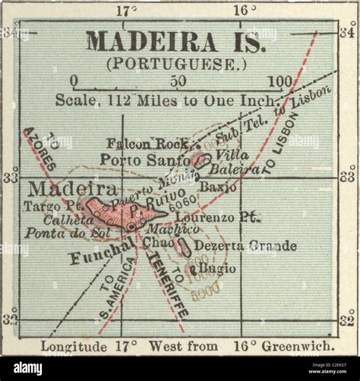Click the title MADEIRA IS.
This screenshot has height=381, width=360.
tap(175, 41)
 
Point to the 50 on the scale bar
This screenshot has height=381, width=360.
tap(180, 80)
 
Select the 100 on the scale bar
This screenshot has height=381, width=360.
tap(279, 80)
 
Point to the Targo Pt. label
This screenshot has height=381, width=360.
tap(52, 206)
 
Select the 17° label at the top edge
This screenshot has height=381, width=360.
tap(127, 11)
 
